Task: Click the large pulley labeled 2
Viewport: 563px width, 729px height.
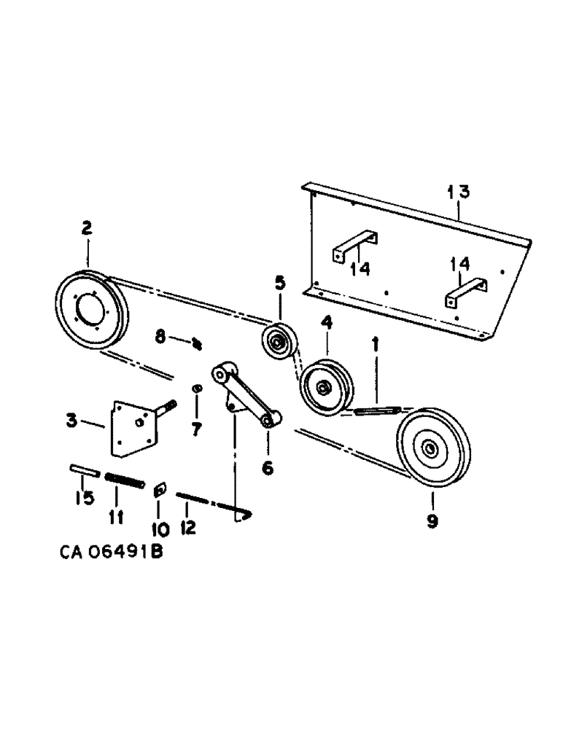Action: (x=91, y=313)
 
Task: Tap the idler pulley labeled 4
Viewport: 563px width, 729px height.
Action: (x=325, y=386)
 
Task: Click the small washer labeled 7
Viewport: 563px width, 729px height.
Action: (x=196, y=389)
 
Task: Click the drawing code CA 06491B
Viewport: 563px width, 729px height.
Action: (x=110, y=553)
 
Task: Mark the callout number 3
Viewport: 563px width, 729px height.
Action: (x=71, y=421)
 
